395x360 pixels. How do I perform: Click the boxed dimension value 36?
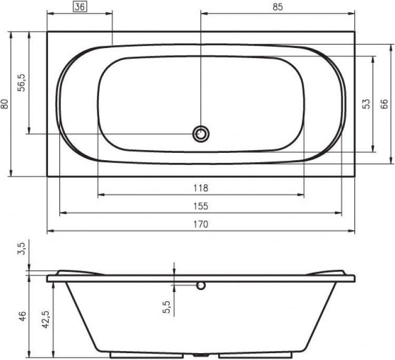pos(80,6)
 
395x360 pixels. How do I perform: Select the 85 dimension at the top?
pos(278,7)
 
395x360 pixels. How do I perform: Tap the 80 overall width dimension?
pos(5,104)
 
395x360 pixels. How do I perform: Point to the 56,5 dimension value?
pos(22,83)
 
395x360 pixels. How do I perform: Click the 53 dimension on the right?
pos(367,104)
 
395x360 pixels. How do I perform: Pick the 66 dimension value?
pos(384,104)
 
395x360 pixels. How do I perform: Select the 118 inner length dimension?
pos(201,188)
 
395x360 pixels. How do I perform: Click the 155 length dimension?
pos(201,206)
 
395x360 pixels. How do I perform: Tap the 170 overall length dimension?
pos(201,224)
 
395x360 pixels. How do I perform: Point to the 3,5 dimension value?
pos(22,249)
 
